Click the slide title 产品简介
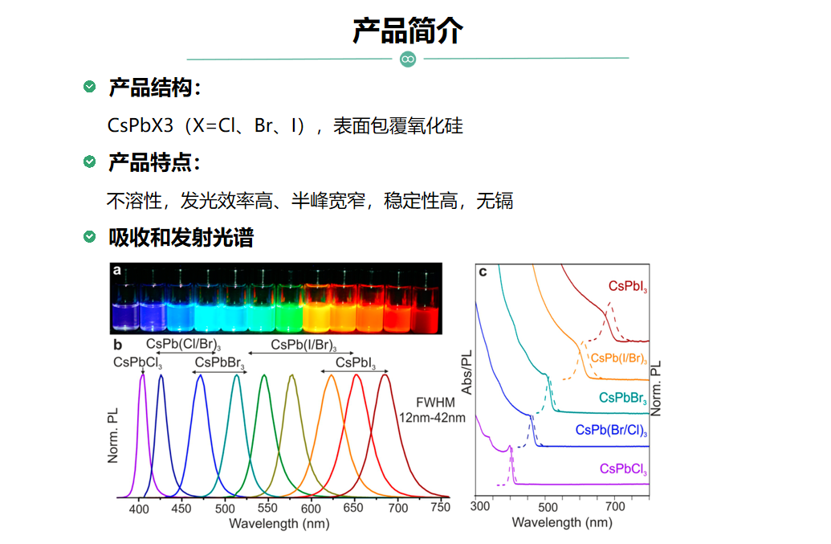tap(408, 31)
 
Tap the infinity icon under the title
tap(408, 59)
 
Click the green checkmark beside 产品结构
tap(90, 87)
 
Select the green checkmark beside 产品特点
tap(90, 162)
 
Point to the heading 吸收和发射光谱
tap(181, 238)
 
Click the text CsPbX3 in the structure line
tap(140, 125)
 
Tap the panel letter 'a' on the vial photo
tap(116, 270)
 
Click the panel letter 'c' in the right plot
tap(483, 272)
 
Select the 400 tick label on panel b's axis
tap(139, 509)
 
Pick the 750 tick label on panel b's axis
tap(441, 507)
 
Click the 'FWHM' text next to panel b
tap(436, 403)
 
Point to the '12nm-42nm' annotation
tap(432, 418)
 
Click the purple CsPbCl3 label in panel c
tap(623, 469)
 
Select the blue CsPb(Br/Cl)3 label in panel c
tap(612, 431)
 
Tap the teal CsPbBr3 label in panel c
tap(623, 399)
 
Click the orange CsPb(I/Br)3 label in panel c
tap(619, 358)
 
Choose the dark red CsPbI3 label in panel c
tap(628, 286)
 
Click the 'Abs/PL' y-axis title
tap(467, 372)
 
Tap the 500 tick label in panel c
tap(548, 507)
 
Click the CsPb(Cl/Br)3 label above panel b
tap(183, 344)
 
